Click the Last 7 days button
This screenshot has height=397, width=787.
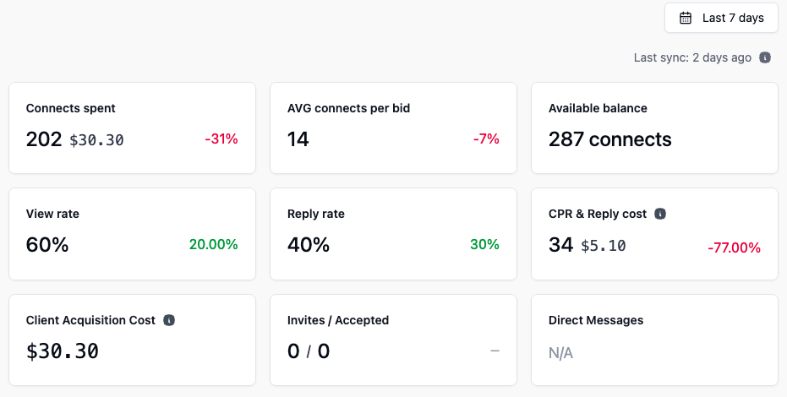[721, 18]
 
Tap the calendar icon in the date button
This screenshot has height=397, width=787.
[686, 18]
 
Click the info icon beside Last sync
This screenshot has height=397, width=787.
[765, 58]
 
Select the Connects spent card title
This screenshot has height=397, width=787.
[71, 108]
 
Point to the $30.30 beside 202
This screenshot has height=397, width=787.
[96, 140]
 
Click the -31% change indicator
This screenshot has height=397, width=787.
[221, 139]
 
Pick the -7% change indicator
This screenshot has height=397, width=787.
[486, 139]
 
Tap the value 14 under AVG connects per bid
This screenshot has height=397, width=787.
[298, 139]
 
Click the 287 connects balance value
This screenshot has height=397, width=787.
[609, 139]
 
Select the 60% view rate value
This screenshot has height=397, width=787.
[47, 245]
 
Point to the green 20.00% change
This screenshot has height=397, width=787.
[214, 245]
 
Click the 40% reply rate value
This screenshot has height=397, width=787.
[309, 245]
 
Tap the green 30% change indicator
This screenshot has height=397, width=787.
[484, 245]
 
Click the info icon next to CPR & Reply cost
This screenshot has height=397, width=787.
[660, 214]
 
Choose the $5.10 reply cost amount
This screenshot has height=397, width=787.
[604, 246]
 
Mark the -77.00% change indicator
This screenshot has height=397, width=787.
[734, 248]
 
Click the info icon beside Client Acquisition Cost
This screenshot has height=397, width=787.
[169, 320]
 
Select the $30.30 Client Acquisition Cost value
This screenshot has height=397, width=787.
[63, 351]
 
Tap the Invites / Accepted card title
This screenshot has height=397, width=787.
[338, 320]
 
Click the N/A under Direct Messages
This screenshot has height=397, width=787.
[560, 353]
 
